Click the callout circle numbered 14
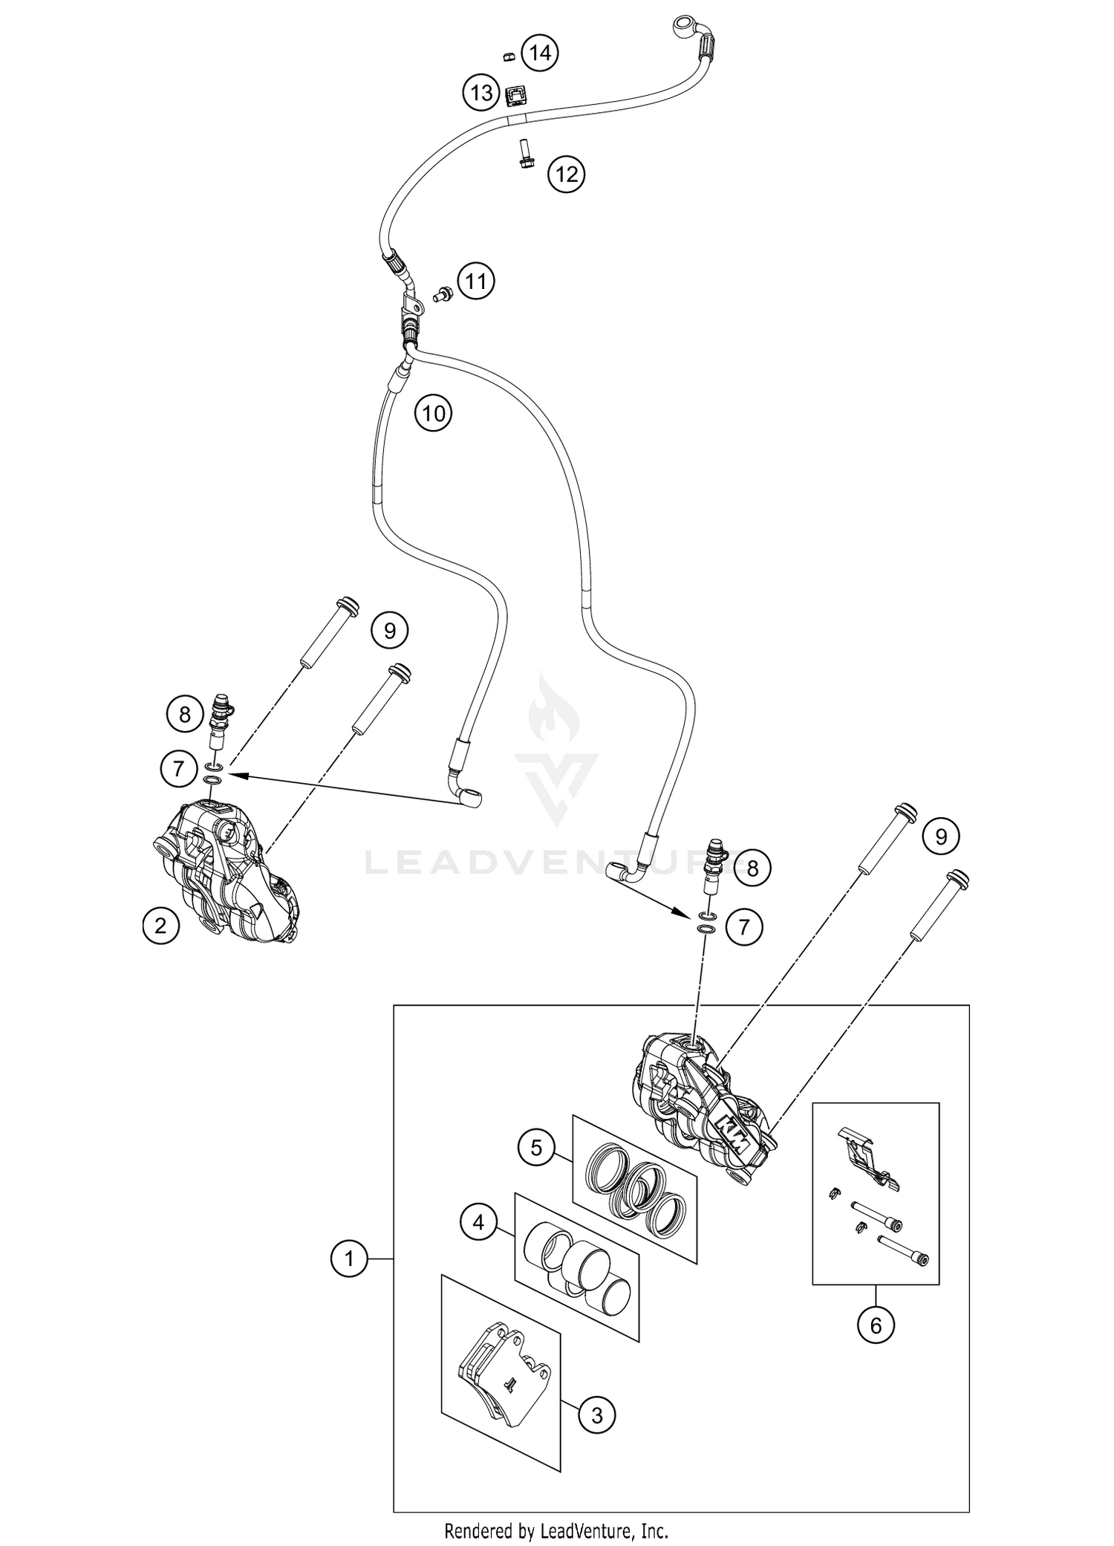[x=540, y=53]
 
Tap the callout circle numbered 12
[x=567, y=175]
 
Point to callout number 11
[x=476, y=282]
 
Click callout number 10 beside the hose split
[x=434, y=412]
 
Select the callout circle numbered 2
[x=161, y=925]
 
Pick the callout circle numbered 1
[x=349, y=1258]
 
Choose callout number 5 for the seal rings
[x=537, y=1148]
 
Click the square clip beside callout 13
[x=516, y=94]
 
